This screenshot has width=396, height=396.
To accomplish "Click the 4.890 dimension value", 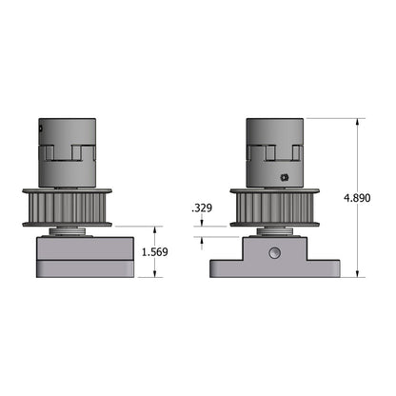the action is pyautogui.click(x=357, y=198).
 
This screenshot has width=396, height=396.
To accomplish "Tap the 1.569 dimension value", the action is pyautogui.click(x=154, y=252).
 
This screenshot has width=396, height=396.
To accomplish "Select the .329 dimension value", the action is pyautogui.click(x=202, y=208).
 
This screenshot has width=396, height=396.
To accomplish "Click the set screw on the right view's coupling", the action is pyautogui.click(x=285, y=177).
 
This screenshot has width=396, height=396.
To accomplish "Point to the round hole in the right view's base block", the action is pyautogui.click(x=274, y=253).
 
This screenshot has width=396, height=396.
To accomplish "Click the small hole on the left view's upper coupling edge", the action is pyautogui.click(x=40, y=129).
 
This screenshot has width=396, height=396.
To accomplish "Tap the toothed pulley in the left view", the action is pyautogui.click(x=67, y=208).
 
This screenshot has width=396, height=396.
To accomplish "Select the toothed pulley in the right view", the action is pyautogui.click(x=275, y=208).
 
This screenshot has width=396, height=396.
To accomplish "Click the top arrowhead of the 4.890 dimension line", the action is pyautogui.click(x=358, y=122).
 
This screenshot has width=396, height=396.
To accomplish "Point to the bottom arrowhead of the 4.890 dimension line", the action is pyautogui.click(x=358, y=274).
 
